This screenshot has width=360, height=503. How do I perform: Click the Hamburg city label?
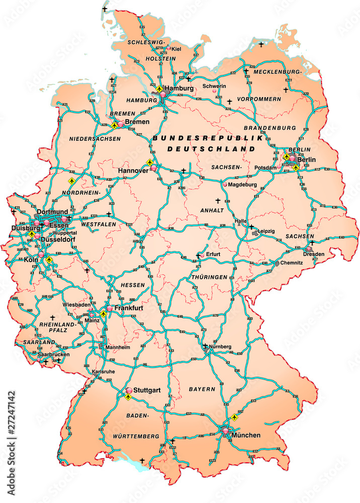coord(179,88)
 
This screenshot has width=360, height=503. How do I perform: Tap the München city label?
coord(246,435)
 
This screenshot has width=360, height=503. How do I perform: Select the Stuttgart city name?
coord(147,390)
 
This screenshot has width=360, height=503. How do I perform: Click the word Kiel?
coord(176,49)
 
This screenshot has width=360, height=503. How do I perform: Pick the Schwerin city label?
coord(214,86)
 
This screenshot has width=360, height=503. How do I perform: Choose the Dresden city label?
coord(313,254)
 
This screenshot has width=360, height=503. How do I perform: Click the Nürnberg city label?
coord(221,347)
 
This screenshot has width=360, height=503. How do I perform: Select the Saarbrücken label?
coord(53,354)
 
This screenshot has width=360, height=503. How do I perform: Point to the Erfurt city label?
coord(213,255)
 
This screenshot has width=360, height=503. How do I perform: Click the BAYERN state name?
coord(202,389)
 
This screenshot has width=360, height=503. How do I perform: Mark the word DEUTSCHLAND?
coord(211,149)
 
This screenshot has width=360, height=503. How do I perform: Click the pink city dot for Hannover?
coord(153,170)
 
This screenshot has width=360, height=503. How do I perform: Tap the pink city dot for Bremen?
coord(121,123)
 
